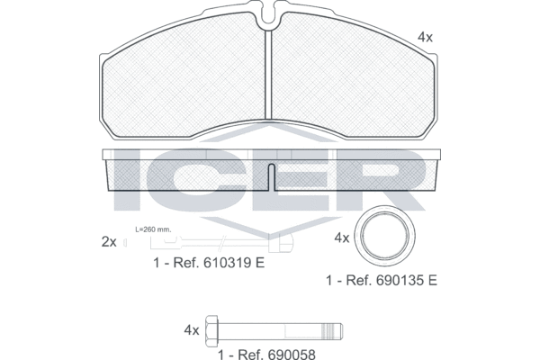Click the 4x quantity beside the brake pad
point(425,37)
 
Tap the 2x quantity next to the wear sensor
point(109,242)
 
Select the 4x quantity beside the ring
point(342,238)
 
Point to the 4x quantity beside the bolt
point(192,330)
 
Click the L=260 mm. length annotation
point(153,229)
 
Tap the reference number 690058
point(292,355)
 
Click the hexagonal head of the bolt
point(211,330)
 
